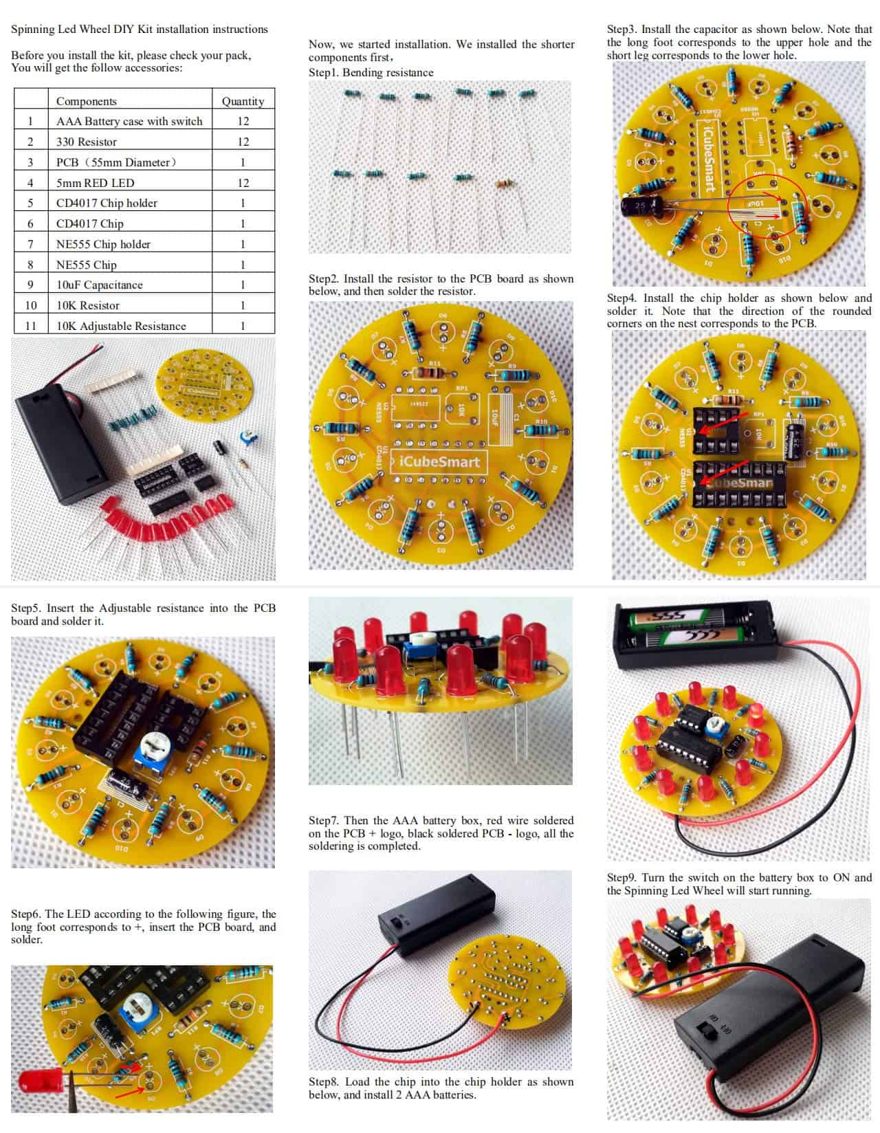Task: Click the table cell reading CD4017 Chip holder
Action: pos(107,203)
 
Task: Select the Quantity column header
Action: pos(243,101)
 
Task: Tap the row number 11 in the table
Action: pos(30,326)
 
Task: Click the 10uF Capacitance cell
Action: pos(100,285)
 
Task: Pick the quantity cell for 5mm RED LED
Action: pos(243,183)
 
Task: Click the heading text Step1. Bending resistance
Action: pos(371,73)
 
